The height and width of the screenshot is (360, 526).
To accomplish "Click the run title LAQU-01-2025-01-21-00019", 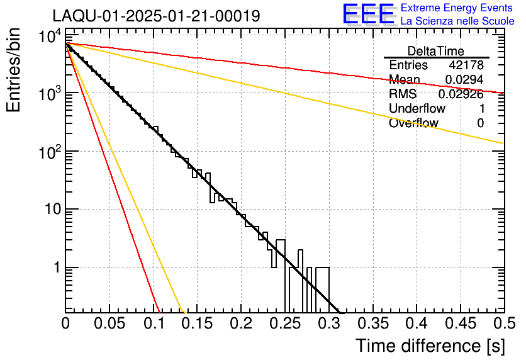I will [155, 16].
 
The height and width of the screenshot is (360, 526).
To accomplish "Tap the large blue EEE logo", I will [368, 15].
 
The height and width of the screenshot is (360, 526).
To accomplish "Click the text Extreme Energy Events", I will [457, 8].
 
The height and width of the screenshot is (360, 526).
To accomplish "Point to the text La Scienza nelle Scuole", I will [457, 21].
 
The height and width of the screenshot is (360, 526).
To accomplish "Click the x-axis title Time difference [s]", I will [430, 346].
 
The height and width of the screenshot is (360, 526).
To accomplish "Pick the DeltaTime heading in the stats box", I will [435, 51].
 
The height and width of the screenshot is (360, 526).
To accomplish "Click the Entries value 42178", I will [466, 65].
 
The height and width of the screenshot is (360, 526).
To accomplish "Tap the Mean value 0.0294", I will [464, 80].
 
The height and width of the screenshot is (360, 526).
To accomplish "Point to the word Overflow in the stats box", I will [413, 123].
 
